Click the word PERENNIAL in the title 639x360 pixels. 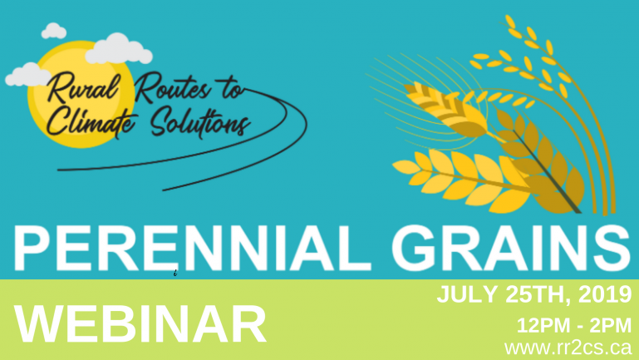[x=193, y=248]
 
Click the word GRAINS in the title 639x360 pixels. [x=511, y=248]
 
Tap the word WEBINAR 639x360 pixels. [x=140, y=324]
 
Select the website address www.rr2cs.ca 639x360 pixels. [x=568, y=348]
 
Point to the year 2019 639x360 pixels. [x=605, y=294]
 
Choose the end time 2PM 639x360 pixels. [x=611, y=325]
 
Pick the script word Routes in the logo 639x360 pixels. [x=172, y=87]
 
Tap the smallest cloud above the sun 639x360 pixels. [x=54, y=32]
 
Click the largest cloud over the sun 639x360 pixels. [x=119, y=50]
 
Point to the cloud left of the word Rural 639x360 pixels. [x=27, y=76]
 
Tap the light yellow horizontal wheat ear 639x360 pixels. [x=460, y=180]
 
